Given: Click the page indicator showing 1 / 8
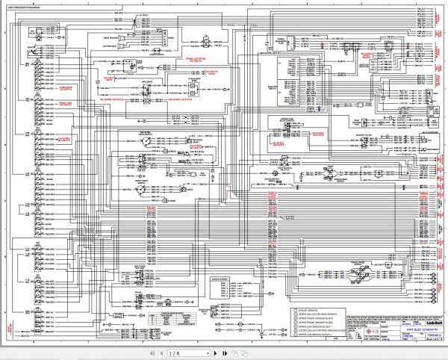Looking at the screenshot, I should [x=173, y=353].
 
